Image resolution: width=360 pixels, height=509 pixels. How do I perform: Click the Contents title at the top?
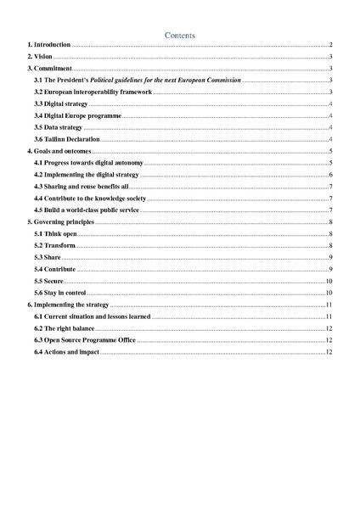pos(179,35)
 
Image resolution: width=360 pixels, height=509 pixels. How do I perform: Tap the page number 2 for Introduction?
pos(329,44)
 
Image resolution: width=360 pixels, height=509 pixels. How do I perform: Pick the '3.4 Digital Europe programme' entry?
pos(79,115)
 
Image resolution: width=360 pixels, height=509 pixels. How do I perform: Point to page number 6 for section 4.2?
pos(329,173)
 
